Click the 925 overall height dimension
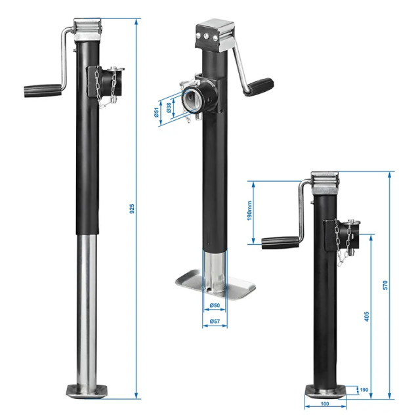coord(131,209)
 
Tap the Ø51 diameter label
coord(158,113)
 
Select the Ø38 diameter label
coord(170,108)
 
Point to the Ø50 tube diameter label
coord(214,306)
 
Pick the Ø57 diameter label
coord(214,322)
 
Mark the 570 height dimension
coord(386,285)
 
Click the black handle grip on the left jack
coord(42,89)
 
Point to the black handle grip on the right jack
coord(278,243)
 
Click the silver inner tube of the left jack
coord(88,308)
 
